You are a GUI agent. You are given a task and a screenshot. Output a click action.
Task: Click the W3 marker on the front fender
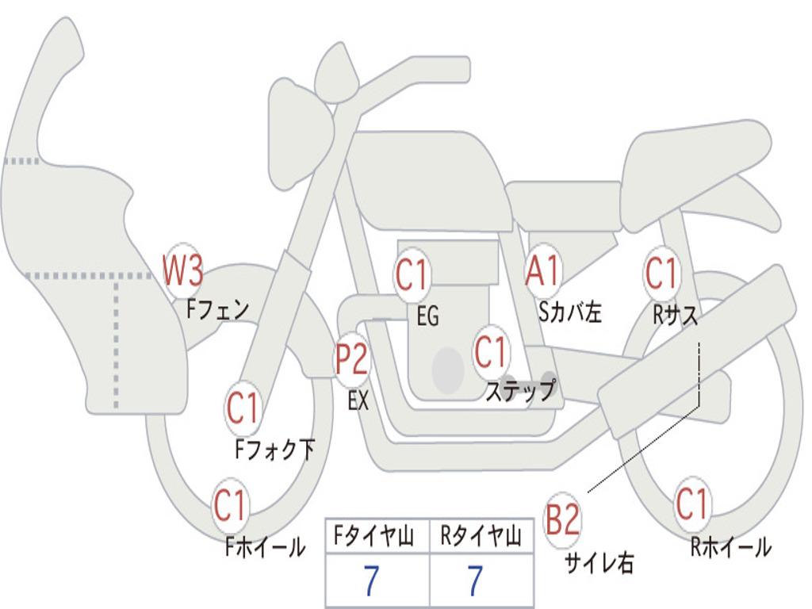182,271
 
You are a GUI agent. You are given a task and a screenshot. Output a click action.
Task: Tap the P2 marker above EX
351,359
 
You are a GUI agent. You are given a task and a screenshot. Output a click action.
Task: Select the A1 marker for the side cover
544,272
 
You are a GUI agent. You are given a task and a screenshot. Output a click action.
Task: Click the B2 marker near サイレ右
563,520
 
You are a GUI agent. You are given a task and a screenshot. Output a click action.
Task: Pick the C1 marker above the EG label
412,275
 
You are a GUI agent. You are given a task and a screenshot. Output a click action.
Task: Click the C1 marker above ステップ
491,351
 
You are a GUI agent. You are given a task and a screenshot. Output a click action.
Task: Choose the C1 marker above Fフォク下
243,408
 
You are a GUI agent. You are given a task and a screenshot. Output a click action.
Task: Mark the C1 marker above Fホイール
231,505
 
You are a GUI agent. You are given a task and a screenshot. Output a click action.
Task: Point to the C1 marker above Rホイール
692,504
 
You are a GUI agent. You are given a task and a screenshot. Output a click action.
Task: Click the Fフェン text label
217,308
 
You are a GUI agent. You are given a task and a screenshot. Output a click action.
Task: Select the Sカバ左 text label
570,312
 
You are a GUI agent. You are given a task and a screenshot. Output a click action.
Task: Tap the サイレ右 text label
599,562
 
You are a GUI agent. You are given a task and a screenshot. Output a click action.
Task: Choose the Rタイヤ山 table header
481,538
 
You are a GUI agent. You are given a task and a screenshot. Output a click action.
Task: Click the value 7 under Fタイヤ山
371,581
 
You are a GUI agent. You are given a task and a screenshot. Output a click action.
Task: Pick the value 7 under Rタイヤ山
476,581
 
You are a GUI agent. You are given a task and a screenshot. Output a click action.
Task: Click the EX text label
358,400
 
